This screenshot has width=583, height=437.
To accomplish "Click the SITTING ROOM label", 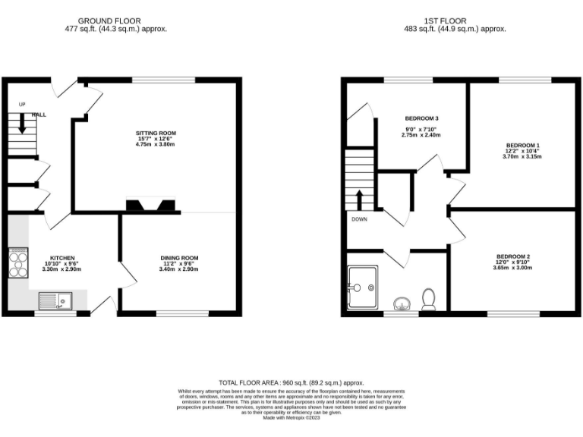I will tap(156, 131).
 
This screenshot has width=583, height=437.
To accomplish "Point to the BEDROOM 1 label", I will tap(524, 144).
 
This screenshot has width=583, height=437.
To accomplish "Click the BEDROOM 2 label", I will tap(513, 256).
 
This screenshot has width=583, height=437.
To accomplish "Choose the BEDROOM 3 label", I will tap(422, 118).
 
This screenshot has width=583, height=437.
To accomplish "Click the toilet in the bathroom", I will tap(428, 299).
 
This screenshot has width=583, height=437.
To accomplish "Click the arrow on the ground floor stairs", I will tap(22, 123).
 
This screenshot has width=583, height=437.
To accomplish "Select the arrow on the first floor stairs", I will tap(360, 200).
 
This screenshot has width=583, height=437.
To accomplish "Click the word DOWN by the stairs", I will tap(359, 220).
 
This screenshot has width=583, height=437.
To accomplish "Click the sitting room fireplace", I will tap(150, 206).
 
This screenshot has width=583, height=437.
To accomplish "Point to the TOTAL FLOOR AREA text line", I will tap(291, 384).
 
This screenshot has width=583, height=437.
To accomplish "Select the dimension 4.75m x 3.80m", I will tap(156, 144).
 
